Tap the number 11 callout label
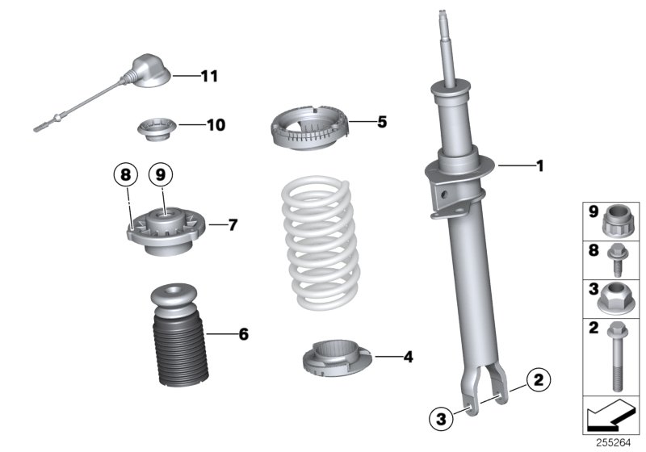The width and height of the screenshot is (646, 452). (209, 77)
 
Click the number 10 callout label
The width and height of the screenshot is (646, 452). (216, 125)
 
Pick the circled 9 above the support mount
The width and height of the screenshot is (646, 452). (160, 173)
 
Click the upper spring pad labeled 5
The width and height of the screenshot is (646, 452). (311, 130)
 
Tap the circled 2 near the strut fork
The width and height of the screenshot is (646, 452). (539, 378)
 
